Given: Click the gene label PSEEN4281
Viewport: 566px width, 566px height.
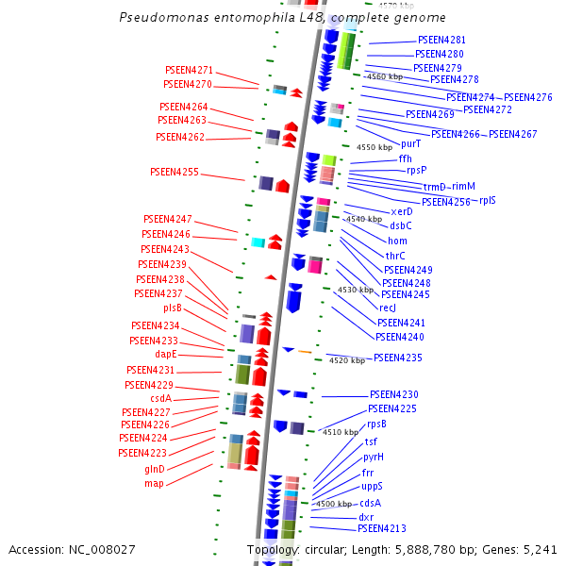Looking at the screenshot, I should pos(441,41).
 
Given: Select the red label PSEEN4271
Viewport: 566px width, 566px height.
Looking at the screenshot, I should pos(189,71).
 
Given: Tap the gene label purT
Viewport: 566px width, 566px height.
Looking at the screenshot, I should pos(410,144).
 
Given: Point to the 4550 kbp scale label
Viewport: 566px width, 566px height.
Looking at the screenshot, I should pos(374,148).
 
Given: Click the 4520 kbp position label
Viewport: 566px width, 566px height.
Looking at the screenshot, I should pos(345,360).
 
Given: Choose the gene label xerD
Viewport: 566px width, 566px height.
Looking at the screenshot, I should pos(401,211).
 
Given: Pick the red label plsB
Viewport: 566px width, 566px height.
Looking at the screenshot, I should pos(173,308).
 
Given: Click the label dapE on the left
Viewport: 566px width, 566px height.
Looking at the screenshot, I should pos(166,355).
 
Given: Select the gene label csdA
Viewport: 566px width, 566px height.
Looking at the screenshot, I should pos(160,398).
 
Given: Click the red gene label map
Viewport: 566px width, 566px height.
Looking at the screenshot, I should pos(154,483).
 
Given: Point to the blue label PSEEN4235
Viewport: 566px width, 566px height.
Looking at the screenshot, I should pos(397,358).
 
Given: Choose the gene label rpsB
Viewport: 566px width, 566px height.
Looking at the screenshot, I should pos(376,424).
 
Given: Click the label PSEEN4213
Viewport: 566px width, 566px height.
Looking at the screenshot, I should pos(381,529).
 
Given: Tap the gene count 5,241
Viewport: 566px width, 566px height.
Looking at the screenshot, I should pos(539,549).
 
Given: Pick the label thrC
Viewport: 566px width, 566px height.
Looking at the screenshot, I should pos(395,256).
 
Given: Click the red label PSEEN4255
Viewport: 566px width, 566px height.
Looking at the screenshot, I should pos(174,173).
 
